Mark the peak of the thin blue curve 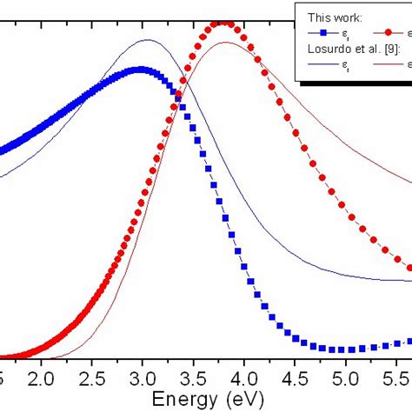(x=146, y=40)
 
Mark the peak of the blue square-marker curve (x=141, y=69)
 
